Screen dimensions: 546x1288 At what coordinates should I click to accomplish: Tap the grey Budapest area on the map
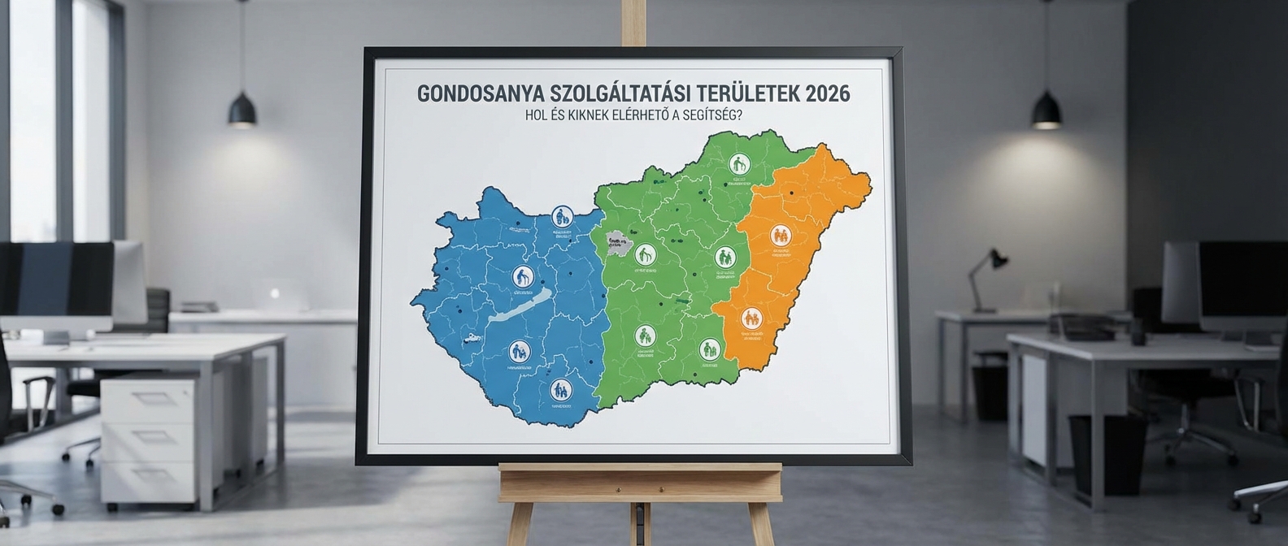point(617,242)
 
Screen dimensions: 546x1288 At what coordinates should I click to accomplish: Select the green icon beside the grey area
point(645,254)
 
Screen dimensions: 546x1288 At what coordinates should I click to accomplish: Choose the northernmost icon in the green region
point(738,162)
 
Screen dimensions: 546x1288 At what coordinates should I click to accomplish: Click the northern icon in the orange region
point(781,236)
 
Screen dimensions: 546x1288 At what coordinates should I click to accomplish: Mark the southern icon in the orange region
point(751,318)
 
